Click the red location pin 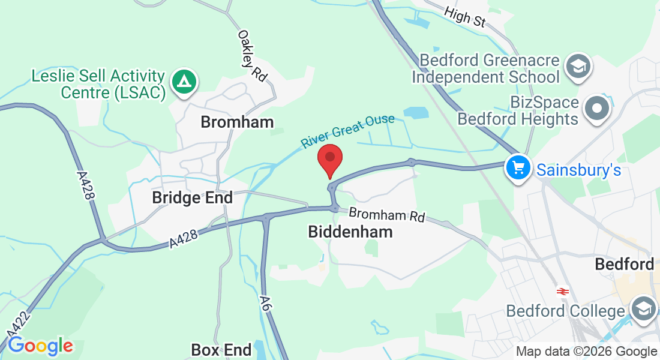[329, 158]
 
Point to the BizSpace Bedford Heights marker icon [598, 110]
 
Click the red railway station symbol [562, 292]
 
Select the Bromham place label [237, 122]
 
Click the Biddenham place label [350, 232]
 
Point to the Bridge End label [192, 197]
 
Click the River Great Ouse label [347, 131]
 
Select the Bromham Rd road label [387, 215]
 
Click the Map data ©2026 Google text [586, 352]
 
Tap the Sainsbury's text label [578, 170]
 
